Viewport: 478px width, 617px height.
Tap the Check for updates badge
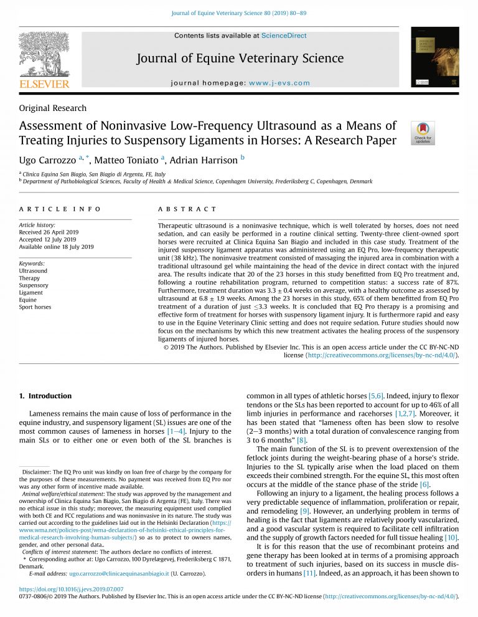[423, 133]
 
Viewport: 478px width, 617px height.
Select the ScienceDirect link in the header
[284, 36]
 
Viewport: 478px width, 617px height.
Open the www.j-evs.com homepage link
[279, 83]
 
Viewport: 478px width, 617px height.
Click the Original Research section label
[53, 108]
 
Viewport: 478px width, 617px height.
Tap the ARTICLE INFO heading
[60, 209]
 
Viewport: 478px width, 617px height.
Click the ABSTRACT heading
[187, 209]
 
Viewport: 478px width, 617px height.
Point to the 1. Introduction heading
[45, 396]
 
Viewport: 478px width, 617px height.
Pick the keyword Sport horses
[35, 307]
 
